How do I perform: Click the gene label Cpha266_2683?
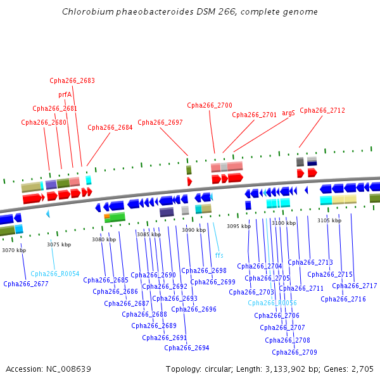tap(72, 80)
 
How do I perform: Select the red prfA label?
tap(65, 94)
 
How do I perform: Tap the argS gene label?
tap(288, 113)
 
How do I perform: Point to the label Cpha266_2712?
tap(322, 110)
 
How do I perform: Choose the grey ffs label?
tap(219, 255)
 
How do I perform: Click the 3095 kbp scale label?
tap(239, 226)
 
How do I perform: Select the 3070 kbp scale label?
tap(14, 250)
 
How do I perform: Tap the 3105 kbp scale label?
tap(329, 220)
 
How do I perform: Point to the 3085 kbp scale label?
tap(149, 234)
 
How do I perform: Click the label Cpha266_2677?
tap(26, 284)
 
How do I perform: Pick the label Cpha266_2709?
tap(294, 352)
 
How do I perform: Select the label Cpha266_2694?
tap(187, 348)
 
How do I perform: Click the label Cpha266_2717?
tap(355, 286)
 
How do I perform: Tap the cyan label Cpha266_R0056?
tap(272, 303)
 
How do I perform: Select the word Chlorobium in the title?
tap(84, 12)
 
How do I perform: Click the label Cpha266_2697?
tap(160, 122)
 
